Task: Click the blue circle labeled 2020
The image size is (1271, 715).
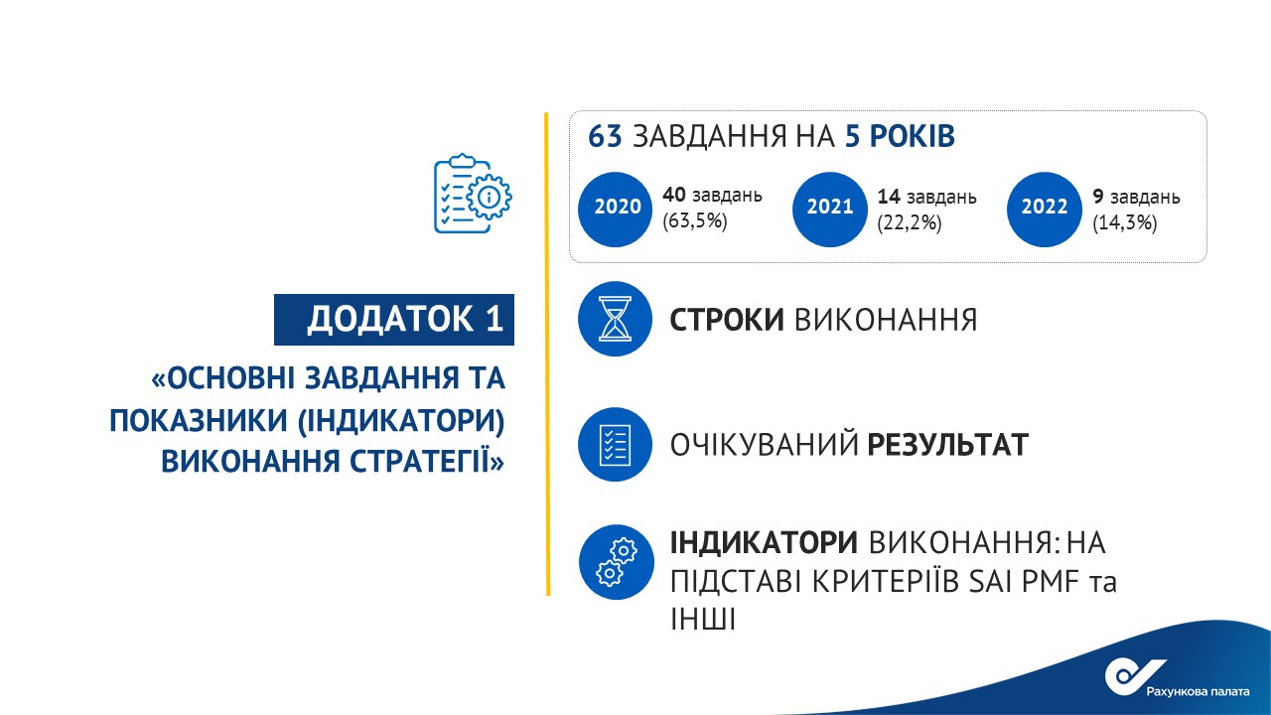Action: tap(615, 210)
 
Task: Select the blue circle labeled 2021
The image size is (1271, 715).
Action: tap(829, 210)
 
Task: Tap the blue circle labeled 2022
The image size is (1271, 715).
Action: tap(1044, 210)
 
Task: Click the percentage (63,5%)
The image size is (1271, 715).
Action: tap(694, 220)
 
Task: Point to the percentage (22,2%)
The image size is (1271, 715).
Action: tap(909, 223)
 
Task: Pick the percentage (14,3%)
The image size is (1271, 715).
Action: tap(1125, 223)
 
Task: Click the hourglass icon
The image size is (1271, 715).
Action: tap(615, 319)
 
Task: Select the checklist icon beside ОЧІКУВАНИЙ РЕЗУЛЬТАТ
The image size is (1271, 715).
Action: tap(615, 444)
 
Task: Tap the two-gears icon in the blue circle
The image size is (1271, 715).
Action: tap(617, 562)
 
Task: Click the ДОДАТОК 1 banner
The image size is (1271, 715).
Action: tap(394, 320)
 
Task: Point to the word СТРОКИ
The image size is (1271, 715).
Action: tap(727, 320)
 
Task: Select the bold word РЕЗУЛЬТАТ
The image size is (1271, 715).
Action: tap(947, 444)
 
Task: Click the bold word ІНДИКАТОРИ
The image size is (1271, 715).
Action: tap(764, 542)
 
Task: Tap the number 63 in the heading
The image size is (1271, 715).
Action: tap(605, 136)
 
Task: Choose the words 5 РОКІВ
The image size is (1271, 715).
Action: tap(900, 136)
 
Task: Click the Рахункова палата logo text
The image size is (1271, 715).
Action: tap(1198, 691)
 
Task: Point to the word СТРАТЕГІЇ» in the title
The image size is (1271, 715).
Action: tap(426, 461)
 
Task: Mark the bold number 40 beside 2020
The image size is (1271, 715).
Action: tap(674, 195)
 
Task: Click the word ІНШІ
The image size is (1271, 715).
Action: tap(702, 619)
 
